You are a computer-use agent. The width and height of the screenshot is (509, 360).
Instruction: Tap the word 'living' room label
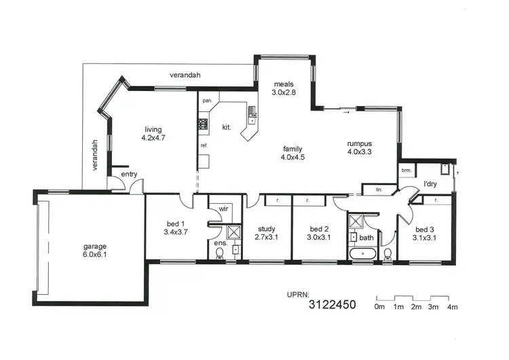(153, 129)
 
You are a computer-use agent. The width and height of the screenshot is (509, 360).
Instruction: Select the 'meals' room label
(283, 84)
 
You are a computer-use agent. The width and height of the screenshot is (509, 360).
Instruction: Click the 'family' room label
(293, 149)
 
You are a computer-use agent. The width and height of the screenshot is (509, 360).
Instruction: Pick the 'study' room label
(265, 229)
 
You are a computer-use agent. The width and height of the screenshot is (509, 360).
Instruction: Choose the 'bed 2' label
(318, 229)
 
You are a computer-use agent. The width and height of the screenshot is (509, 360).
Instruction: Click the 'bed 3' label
(425, 229)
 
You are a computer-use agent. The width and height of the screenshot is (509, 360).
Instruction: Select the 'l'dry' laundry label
(430, 183)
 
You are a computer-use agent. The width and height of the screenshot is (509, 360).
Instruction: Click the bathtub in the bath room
(362, 253)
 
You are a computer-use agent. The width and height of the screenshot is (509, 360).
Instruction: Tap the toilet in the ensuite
(219, 253)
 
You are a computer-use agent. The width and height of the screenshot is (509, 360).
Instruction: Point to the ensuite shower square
(234, 232)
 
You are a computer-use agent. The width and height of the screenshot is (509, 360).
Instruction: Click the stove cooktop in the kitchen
(202, 124)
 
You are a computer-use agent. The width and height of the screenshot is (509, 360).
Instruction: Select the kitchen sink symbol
(252, 112)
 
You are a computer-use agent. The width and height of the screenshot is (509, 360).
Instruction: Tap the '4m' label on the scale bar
(451, 308)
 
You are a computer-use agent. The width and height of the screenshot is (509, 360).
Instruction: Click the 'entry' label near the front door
(129, 175)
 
